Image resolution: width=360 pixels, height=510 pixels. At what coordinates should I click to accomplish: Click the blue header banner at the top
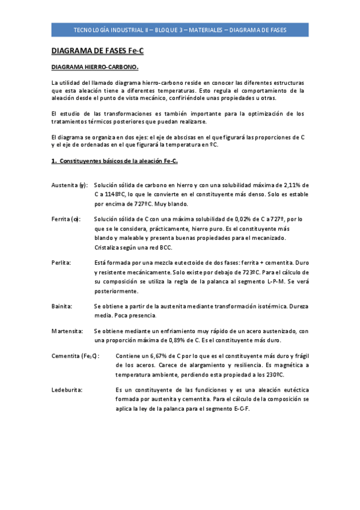click(180, 29)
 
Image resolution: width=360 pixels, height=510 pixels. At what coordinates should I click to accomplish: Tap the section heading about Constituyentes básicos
click(114, 161)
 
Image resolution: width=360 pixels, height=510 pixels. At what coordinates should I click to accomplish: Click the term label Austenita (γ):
click(70, 185)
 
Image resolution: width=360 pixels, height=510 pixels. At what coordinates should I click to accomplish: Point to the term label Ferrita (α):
click(66, 220)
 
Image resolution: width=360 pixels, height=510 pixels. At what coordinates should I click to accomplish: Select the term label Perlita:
click(61, 263)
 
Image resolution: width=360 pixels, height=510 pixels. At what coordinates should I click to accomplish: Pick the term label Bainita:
click(62, 306)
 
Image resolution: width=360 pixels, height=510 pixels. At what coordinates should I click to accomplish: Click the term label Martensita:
click(66, 331)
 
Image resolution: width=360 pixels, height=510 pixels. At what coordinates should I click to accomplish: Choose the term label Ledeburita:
click(67, 390)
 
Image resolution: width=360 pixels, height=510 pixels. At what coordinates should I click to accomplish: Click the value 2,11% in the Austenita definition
click(290, 185)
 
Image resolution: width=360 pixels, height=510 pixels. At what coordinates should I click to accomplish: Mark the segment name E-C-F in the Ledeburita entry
click(239, 408)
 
